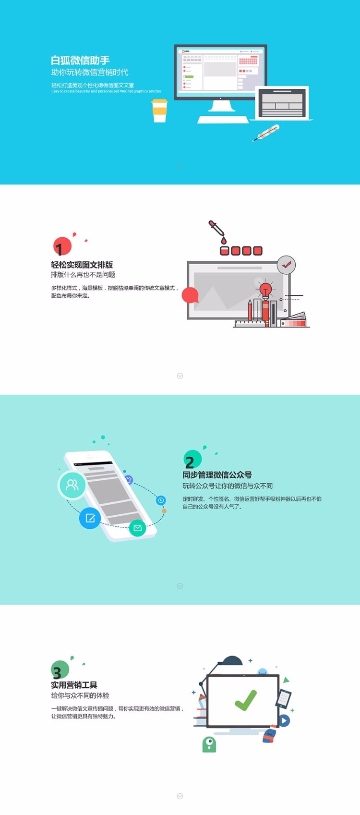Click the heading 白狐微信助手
(x=80, y=61)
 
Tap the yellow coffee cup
(x=159, y=111)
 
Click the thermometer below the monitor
(x=266, y=133)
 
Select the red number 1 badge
(x=62, y=247)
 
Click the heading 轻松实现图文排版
(x=82, y=265)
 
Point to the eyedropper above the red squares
(x=216, y=230)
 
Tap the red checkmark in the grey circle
(x=287, y=264)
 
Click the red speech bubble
(x=190, y=295)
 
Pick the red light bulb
(x=265, y=290)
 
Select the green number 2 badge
(x=192, y=460)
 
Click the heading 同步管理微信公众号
(x=217, y=474)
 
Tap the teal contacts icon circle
(x=72, y=485)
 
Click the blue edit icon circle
(x=90, y=518)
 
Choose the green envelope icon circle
(x=137, y=528)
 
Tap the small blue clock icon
(x=161, y=500)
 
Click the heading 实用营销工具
(x=74, y=685)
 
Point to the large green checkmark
(x=245, y=700)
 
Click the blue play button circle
(x=284, y=720)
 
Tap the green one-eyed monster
(x=209, y=744)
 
